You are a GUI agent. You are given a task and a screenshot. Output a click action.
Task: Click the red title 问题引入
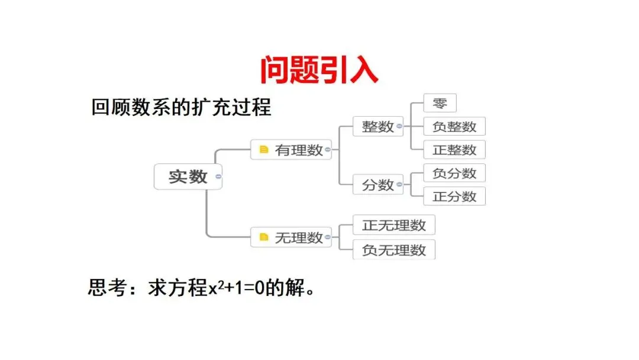[x=319, y=70]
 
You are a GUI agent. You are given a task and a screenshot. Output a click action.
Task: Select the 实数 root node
[x=188, y=176]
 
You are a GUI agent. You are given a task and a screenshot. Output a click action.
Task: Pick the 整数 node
[x=378, y=126]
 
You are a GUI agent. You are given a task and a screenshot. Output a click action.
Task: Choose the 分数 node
[x=378, y=185]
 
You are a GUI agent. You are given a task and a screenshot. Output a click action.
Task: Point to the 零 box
[x=440, y=104]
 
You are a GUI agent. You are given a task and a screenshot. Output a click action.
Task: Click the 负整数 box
[x=454, y=126]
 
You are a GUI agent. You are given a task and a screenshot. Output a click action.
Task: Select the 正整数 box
[x=454, y=149]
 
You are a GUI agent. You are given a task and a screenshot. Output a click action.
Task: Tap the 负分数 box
[x=454, y=173]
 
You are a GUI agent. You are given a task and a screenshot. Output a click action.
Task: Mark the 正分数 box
[x=454, y=196]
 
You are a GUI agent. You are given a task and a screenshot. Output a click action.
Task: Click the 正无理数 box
[x=394, y=225]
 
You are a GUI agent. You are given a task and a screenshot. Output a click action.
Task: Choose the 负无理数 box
[x=394, y=250]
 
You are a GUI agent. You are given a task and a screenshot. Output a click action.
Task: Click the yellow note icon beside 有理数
[x=264, y=150]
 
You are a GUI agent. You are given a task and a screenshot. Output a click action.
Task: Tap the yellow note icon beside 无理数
[x=264, y=237]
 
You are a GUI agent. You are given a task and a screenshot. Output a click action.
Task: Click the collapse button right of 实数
[x=218, y=176]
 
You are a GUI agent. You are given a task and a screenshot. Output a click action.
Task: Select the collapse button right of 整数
[x=399, y=126]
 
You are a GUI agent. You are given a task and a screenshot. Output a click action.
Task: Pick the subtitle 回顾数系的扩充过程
[x=181, y=108]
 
